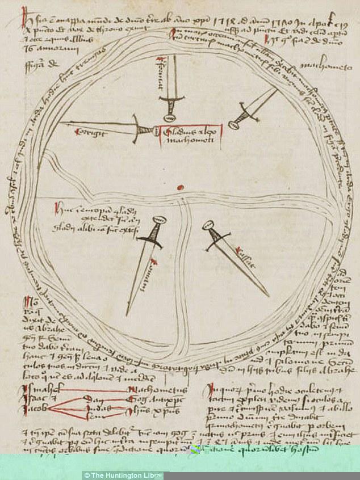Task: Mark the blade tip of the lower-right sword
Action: click(x=268, y=296)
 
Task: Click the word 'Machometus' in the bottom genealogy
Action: click(x=151, y=390)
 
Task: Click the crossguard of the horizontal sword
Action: click(x=140, y=130)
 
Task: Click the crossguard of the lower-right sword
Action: click(x=218, y=239)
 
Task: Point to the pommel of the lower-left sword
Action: click(x=159, y=221)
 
